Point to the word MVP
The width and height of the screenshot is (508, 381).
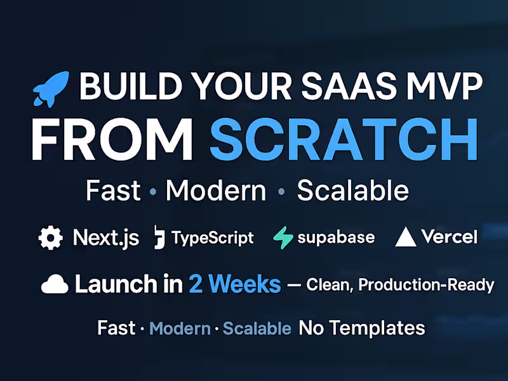(444, 87)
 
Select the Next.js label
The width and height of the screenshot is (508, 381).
(106, 238)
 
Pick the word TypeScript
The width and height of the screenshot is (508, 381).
(213, 238)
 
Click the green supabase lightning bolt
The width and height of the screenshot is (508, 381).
(283, 238)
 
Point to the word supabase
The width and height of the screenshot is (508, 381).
(336, 238)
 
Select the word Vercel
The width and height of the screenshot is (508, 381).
(449, 237)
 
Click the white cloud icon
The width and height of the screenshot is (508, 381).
(55, 285)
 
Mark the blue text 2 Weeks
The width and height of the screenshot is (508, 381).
(234, 284)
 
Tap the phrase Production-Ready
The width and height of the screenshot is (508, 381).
(426, 285)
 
